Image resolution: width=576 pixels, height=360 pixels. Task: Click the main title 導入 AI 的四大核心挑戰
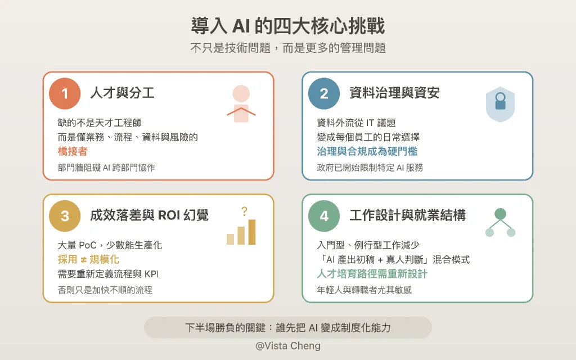click(x=288, y=26)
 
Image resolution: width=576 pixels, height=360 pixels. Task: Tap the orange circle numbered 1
click(x=65, y=93)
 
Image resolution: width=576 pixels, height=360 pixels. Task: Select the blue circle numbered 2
click(x=324, y=93)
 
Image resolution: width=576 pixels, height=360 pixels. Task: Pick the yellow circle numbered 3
click(x=65, y=215)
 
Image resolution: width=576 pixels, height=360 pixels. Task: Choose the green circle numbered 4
click(x=324, y=215)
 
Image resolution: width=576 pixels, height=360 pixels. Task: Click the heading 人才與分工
click(x=122, y=93)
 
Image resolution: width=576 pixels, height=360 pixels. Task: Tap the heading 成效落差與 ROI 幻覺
click(x=149, y=215)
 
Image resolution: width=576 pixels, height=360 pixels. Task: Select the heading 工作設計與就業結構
click(x=407, y=215)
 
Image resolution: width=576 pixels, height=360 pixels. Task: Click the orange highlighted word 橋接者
click(x=73, y=151)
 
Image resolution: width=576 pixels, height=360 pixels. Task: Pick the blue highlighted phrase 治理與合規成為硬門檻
click(x=367, y=151)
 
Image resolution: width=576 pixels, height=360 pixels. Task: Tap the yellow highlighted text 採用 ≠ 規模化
click(x=88, y=259)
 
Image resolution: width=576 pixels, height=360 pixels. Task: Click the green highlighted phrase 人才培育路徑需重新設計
click(x=372, y=274)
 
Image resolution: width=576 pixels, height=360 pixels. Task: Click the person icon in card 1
click(x=241, y=104)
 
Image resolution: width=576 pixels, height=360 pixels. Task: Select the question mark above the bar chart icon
click(x=244, y=212)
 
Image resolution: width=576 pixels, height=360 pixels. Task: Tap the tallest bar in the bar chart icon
click(x=251, y=232)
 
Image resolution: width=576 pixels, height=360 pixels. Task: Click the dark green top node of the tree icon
click(x=500, y=214)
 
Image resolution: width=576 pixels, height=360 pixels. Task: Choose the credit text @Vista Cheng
click(x=288, y=346)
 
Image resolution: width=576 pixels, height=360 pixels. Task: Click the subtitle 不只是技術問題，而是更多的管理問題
click(x=288, y=48)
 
